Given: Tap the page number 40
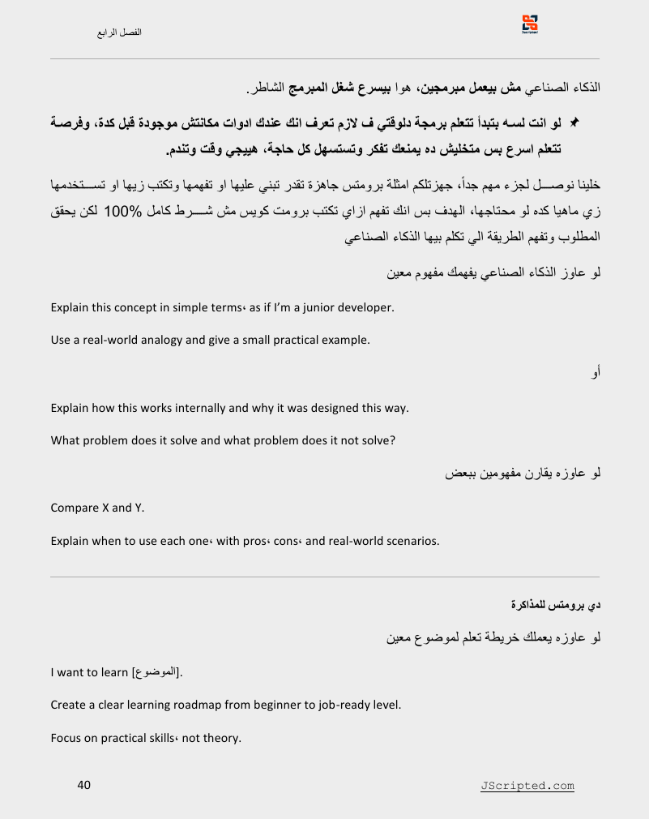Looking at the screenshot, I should click(x=83, y=785).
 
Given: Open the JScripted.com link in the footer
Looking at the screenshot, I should click(x=527, y=786).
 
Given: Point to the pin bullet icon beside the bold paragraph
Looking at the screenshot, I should click(x=574, y=122).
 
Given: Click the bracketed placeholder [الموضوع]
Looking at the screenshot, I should click(x=156, y=671).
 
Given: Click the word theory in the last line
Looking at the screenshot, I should click(x=223, y=738).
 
